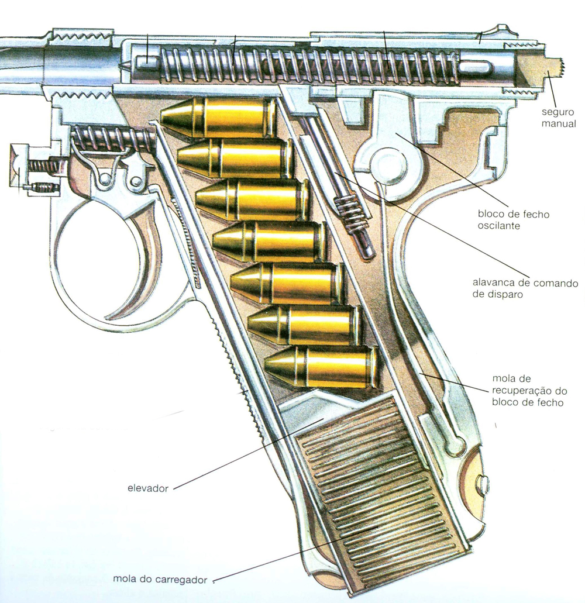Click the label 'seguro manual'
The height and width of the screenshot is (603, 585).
559,118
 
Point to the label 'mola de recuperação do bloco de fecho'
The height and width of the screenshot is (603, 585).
527,390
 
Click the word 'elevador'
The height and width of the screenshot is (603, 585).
147,487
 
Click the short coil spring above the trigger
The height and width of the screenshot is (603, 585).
114,139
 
